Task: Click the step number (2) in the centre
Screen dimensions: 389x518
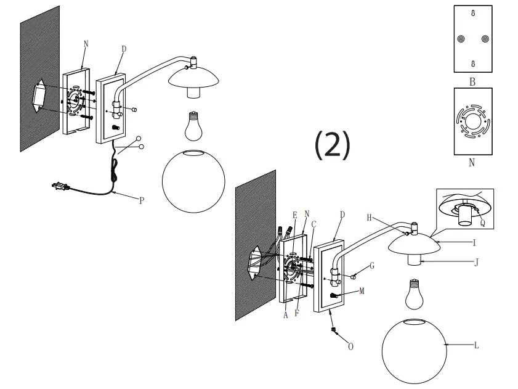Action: [x=333, y=145]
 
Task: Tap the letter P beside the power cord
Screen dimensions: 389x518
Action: [x=141, y=200]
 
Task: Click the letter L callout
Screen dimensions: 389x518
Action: [x=476, y=346]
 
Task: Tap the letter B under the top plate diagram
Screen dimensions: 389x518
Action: [x=472, y=81]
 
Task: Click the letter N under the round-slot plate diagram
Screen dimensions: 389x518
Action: [x=472, y=163]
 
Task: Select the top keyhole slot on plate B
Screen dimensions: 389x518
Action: [x=472, y=13]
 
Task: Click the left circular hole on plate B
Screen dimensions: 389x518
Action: [x=460, y=38]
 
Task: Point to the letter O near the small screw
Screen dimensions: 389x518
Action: [x=350, y=347]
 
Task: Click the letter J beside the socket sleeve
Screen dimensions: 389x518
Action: [x=476, y=261]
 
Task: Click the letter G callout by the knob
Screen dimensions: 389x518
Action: [x=373, y=266]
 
